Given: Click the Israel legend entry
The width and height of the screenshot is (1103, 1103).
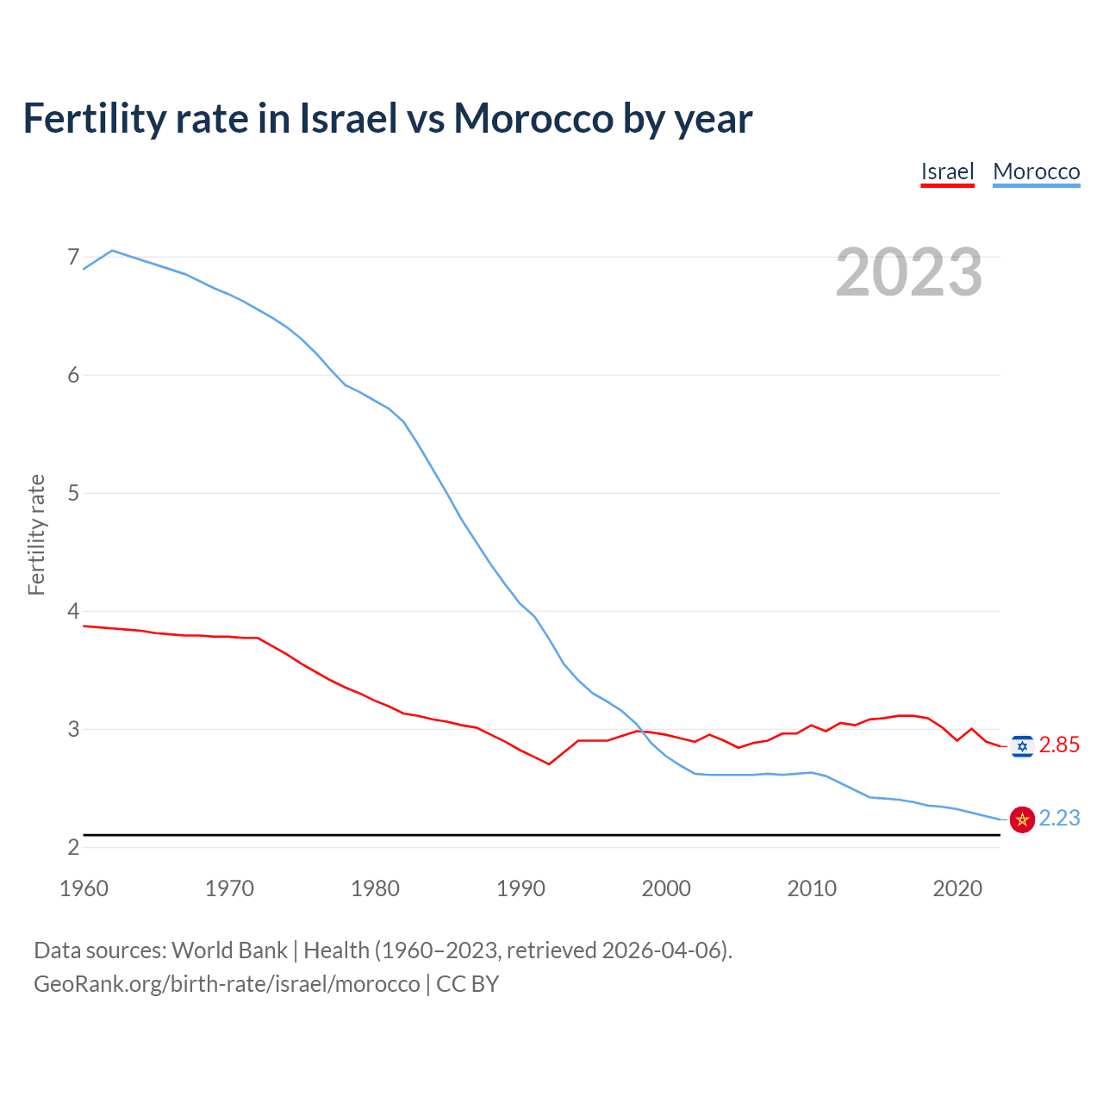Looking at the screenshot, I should pos(947,171).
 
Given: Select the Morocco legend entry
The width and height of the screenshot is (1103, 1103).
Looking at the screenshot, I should pos(1036,171).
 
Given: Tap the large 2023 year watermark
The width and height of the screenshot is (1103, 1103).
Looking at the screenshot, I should pos(909,272).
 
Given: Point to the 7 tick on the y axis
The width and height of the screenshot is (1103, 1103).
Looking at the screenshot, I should pos(73,257).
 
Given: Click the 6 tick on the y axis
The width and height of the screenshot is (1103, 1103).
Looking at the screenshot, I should pos(73,375).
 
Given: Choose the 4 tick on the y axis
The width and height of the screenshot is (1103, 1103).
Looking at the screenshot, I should pos(73,611).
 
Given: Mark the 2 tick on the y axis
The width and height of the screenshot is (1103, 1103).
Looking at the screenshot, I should pos(73,847).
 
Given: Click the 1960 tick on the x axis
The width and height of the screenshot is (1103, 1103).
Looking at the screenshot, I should pos(84,888).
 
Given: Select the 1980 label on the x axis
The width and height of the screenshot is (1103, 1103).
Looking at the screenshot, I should pos(375,888).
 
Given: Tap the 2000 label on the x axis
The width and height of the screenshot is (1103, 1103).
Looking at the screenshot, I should pos(666,888).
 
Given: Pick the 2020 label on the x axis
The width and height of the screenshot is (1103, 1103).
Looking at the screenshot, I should pos(957,888).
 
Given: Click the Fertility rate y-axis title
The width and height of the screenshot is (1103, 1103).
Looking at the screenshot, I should pos(36,534).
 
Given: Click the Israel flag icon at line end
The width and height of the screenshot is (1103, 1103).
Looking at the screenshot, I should pos(1022,746).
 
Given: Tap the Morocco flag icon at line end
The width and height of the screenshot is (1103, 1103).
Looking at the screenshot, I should pos(1022,819).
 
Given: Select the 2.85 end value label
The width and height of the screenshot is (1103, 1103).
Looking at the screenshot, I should pos(1059,745).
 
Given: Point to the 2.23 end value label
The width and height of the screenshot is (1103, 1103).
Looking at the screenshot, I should pos(1059,819).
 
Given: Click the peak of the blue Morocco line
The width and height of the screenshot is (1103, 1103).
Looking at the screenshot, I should pos(112,251).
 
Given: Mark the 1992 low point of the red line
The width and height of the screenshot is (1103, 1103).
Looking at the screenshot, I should pos(549,763).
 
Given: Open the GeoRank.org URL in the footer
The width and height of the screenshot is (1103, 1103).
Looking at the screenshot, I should pos(227,984).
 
